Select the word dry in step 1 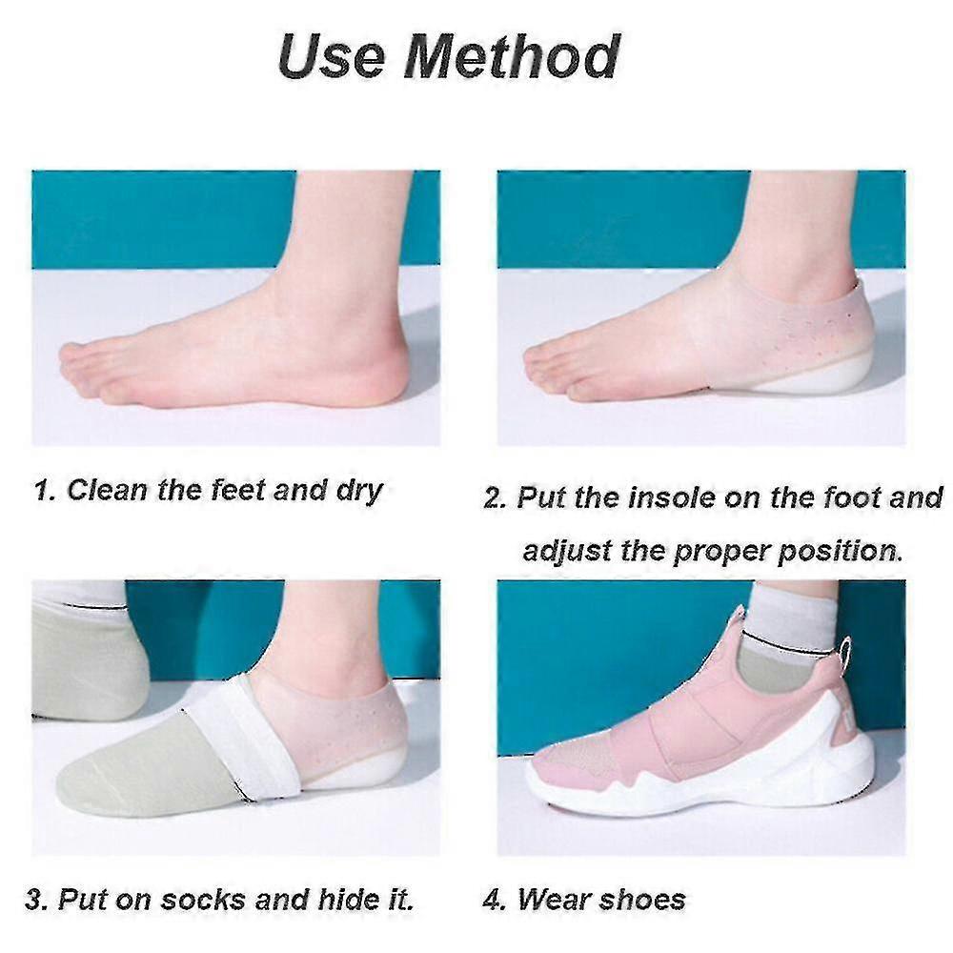358,491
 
